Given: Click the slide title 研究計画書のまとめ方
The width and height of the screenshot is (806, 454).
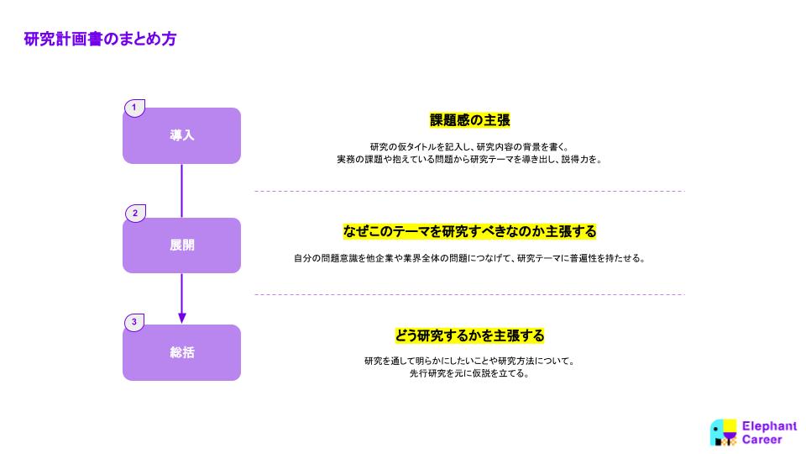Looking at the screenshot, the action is [x=100, y=40].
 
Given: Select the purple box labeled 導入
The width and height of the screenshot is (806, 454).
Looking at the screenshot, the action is [x=181, y=136].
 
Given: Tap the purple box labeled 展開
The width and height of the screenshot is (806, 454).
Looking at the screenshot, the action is [x=181, y=245].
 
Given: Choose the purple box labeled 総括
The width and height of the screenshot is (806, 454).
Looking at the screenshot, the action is [x=181, y=352].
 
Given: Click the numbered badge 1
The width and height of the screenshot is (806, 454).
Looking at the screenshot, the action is [x=134, y=108].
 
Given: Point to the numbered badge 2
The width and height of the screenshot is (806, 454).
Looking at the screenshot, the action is [x=135, y=213].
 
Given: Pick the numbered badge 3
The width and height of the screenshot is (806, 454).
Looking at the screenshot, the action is [x=134, y=323].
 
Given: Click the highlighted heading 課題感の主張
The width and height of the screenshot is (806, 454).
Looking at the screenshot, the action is [x=470, y=120].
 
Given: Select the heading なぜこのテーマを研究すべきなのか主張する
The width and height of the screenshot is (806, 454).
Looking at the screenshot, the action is [x=469, y=232].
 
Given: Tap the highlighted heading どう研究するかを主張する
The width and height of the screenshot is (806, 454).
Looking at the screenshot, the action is [x=469, y=335].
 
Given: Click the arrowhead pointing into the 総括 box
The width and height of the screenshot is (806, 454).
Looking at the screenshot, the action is [x=181, y=318].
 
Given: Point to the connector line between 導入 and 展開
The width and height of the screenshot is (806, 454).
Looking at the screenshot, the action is [x=181, y=191].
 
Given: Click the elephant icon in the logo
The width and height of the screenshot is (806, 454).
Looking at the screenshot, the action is [x=723, y=432].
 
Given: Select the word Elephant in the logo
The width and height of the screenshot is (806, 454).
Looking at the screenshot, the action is [x=769, y=426].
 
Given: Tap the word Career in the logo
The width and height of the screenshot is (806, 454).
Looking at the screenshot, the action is [x=762, y=440].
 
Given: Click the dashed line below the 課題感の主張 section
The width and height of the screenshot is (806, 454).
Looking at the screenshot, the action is [x=470, y=191].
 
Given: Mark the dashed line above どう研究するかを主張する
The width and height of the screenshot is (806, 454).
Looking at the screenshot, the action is [x=470, y=295].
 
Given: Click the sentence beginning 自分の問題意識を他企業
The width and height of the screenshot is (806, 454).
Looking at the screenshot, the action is [x=469, y=258].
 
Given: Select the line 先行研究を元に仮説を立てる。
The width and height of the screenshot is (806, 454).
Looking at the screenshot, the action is [x=469, y=373].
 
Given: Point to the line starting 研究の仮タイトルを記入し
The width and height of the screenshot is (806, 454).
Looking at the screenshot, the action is [x=469, y=147].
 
